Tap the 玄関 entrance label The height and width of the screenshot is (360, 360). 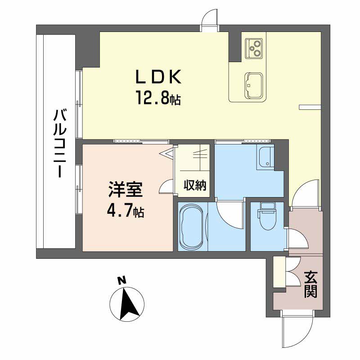pos(310,284)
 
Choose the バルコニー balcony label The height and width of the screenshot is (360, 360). pos(59,144)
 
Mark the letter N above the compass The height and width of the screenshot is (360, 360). pos(121,280)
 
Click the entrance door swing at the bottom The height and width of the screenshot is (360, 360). pos(297,331)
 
